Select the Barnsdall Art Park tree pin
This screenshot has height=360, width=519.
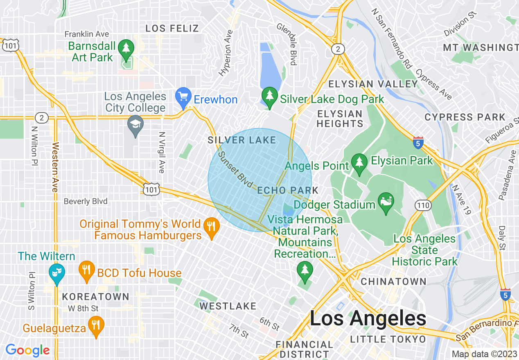126,49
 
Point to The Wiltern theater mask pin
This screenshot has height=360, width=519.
56,273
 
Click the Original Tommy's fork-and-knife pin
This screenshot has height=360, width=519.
211,227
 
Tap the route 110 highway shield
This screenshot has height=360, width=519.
423,205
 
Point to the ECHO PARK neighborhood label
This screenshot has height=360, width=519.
288,190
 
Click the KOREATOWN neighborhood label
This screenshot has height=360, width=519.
95,297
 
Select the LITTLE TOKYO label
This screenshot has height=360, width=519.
388,339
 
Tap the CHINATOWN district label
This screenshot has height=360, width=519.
393,281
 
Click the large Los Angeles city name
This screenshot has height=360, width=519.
368,318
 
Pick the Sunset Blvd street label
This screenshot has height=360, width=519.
235,170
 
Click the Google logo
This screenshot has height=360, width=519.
27,350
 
